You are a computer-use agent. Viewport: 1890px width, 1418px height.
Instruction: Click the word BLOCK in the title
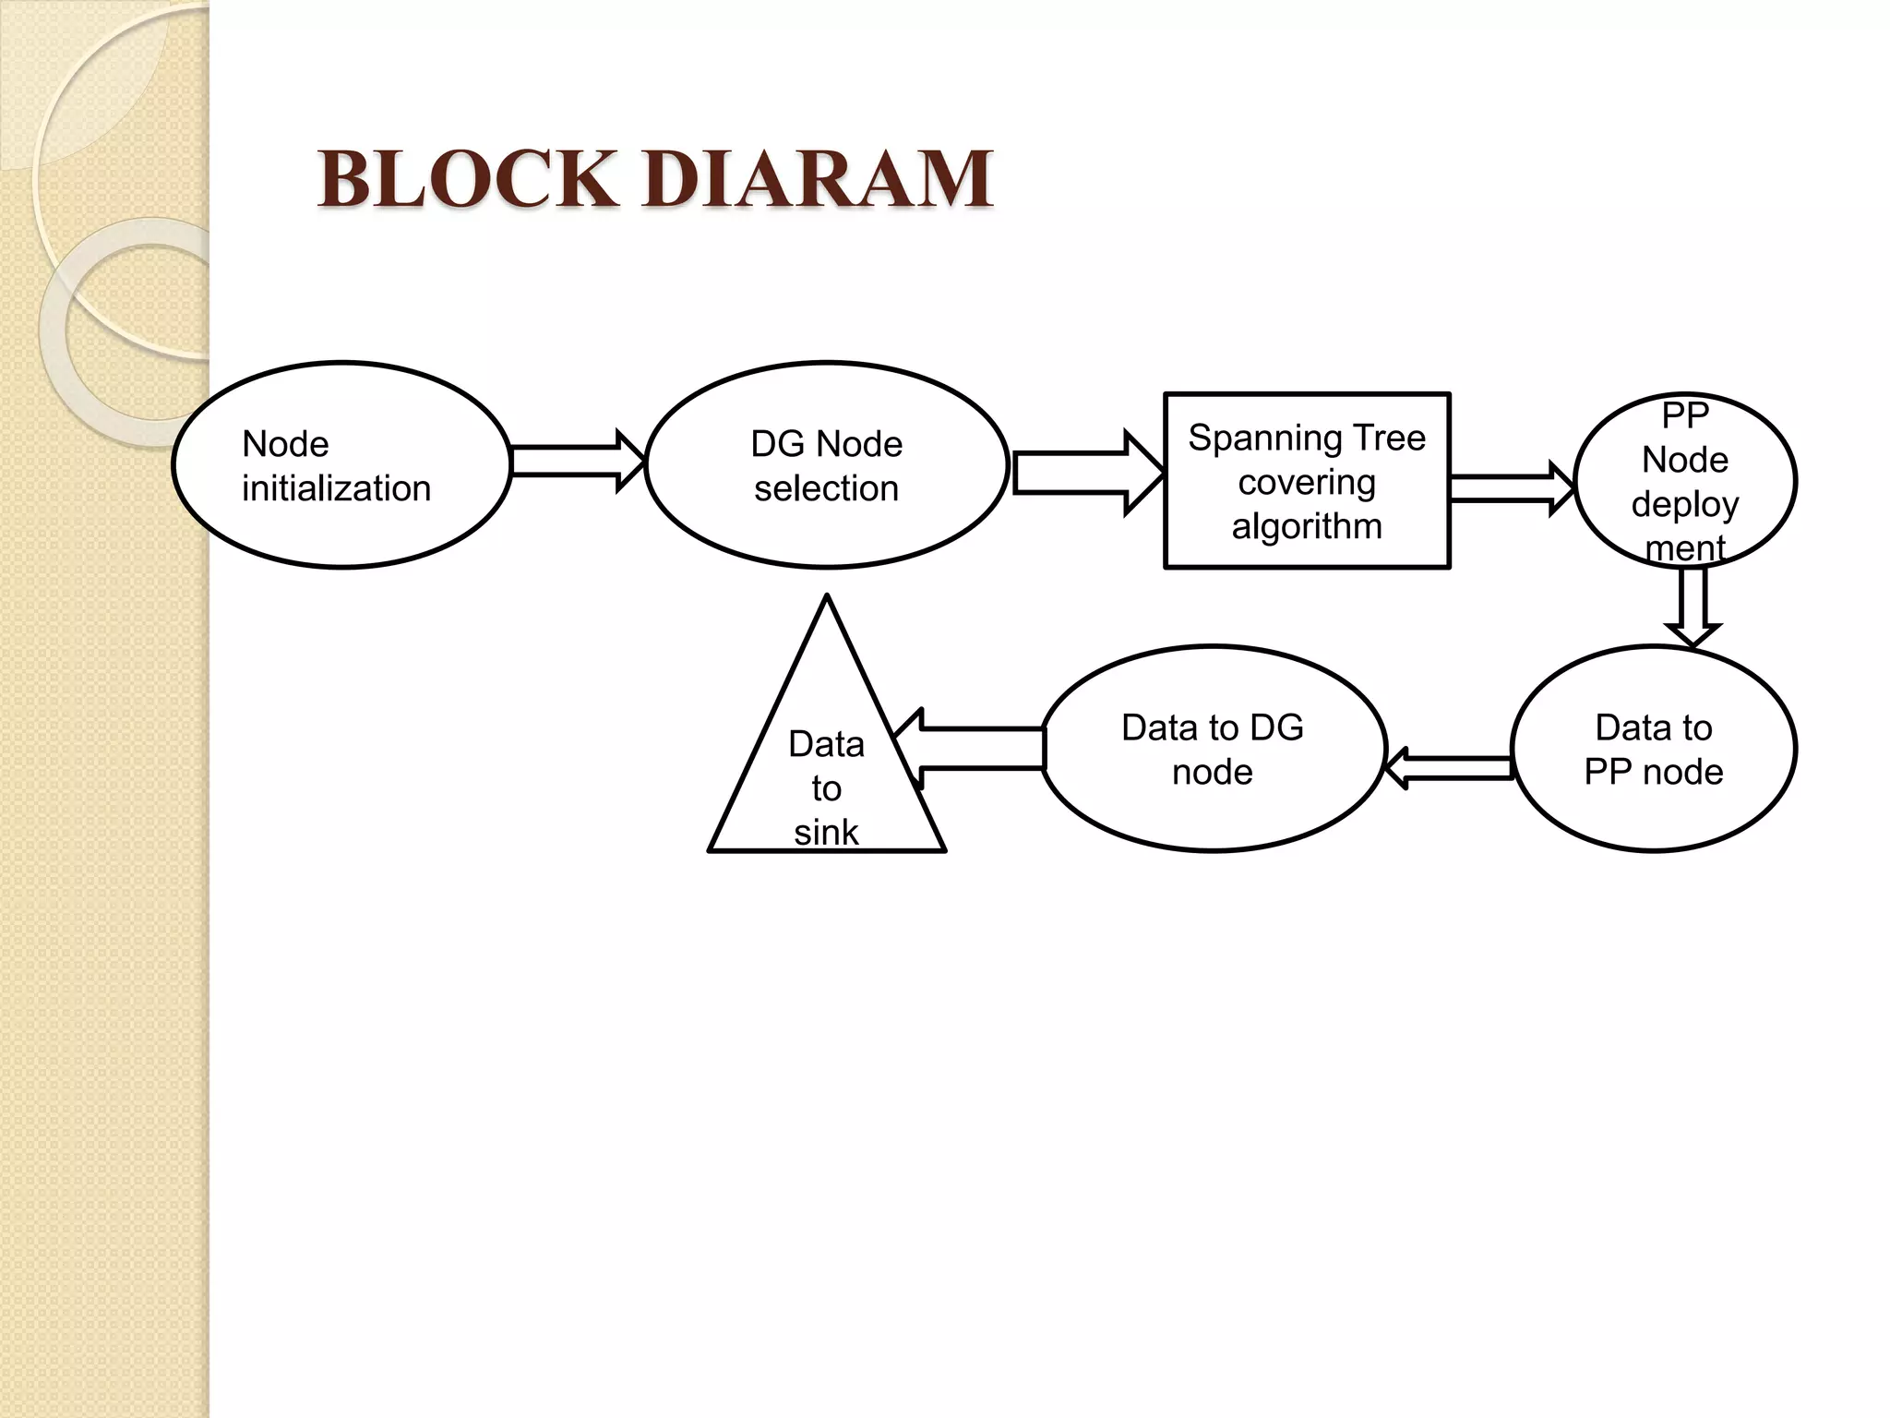point(467,179)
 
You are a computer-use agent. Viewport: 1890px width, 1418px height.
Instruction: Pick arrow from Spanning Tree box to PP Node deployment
point(1512,488)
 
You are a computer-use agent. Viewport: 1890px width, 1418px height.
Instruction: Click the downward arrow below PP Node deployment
point(1692,605)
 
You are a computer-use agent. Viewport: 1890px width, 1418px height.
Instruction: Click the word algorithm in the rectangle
point(1307,526)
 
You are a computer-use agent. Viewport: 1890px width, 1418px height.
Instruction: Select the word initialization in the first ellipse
point(336,488)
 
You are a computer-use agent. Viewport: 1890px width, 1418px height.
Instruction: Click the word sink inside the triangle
point(826,833)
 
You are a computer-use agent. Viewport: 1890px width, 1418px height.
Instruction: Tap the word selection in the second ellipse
point(826,488)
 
